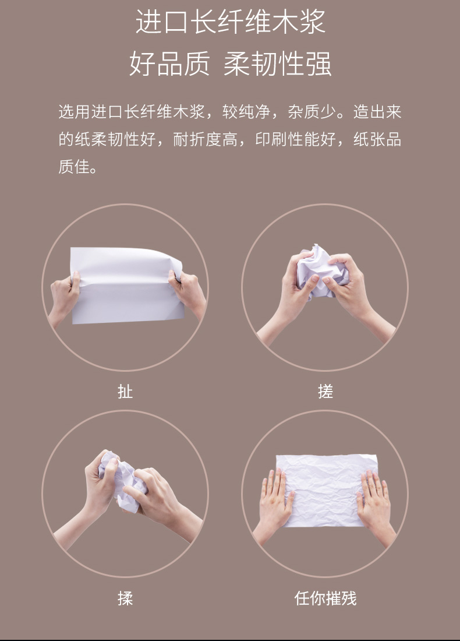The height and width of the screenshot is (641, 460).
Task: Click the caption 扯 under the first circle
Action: pyautogui.click(x=125, y=392)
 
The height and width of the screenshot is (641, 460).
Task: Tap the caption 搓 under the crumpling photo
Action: pyautogui.click(x=325, y=392)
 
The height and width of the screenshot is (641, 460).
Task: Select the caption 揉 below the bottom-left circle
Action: pyautogui.click(x=125, y=598)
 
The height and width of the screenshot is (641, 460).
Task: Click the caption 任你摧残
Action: pyautogui.click(x=325, y=598)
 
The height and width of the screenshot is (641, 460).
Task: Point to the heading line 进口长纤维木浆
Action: pyautogui.click(x=231, y=22)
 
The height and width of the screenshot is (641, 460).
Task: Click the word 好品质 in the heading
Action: pyautogui.click(x=169, y=64)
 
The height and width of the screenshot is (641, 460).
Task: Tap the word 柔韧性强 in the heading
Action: pyautogui.click(x=277, y=64)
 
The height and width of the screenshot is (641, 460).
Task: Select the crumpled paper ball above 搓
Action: pyautogui.click(x=321, y=268)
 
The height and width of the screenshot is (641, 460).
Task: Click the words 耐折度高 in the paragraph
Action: pyautogui.click(x=205, y=139)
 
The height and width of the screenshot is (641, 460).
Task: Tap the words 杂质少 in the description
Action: pyautogui.click(x=312, y=112)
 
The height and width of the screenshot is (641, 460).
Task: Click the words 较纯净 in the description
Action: pyautogui.click(x=246, y=112)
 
